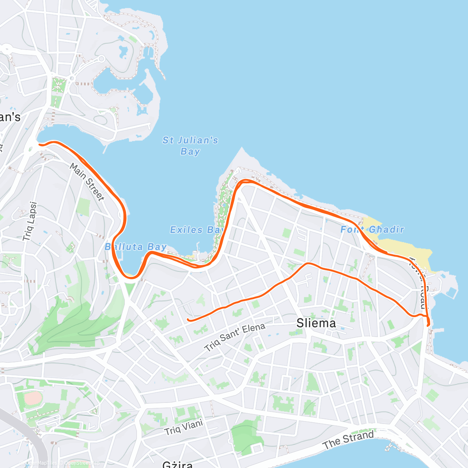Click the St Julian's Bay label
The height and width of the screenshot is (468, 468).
pyautogui.click(x=190, y=145)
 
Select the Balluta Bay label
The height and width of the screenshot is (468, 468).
pyautogui.click(x=136, y=247)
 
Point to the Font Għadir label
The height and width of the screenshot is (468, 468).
pyautogui.click(x=372, y=229)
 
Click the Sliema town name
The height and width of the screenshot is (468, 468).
pyautogui.click(x=316, y=323)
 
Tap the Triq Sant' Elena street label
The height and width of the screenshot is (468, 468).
pyautogui.click(x=235, y=337)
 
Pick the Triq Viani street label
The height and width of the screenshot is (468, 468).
pyautogui.click(x=184, y=427)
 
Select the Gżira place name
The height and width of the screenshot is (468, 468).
pyautogui.click(x=177, y=464)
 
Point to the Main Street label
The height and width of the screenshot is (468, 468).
pyautogui.click(x=87, y=182)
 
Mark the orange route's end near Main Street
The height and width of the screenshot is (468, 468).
pyautogui.click(x=39, y=144)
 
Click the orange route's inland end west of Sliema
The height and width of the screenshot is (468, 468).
pyautogui.click(x=188, y=320)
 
